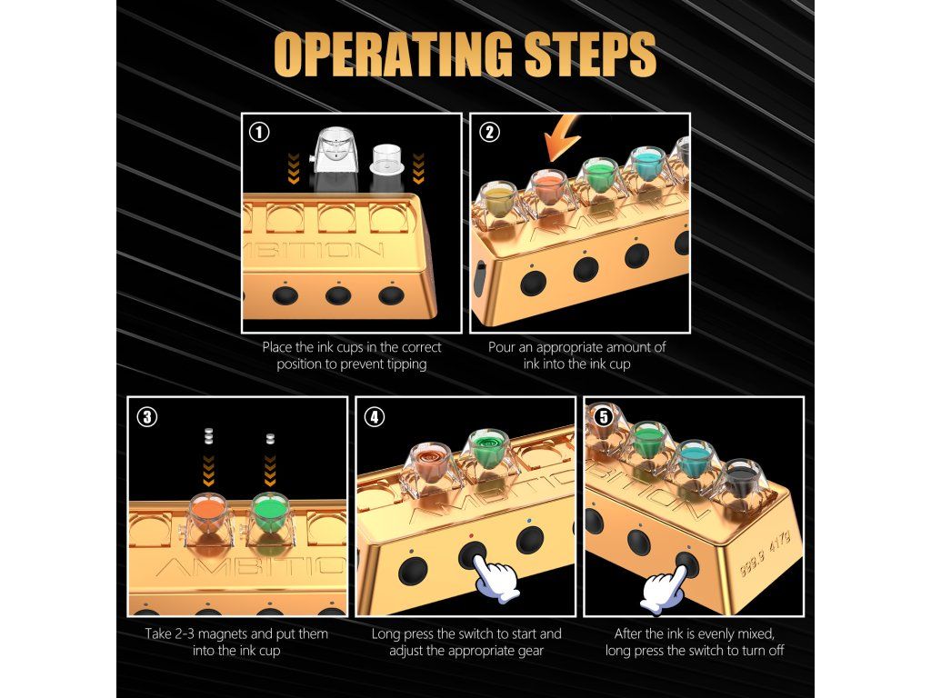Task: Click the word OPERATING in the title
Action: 393,54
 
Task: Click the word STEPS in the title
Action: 590,54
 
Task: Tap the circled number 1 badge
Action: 259,132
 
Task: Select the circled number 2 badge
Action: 488,132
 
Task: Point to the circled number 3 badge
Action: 146,416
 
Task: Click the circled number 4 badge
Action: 374,416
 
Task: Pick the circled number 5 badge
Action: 604,416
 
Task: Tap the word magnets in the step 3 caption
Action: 253,633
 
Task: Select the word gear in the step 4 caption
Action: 530,652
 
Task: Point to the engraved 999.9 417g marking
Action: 765,554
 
